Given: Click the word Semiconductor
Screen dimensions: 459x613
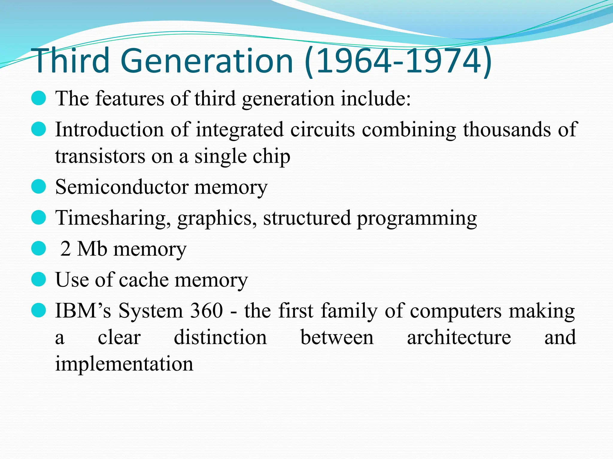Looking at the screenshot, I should pos(122,187).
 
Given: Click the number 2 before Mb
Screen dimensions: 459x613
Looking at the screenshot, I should pos(66,249).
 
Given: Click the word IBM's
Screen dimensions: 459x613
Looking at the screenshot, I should pos(83,310).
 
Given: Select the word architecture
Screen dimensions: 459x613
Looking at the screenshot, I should pos(459,337).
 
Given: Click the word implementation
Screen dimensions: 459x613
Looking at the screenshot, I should pos(124,364).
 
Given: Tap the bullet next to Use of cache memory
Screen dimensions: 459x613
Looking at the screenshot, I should pos(39,279).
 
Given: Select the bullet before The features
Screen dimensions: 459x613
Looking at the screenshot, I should pos(39,98).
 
